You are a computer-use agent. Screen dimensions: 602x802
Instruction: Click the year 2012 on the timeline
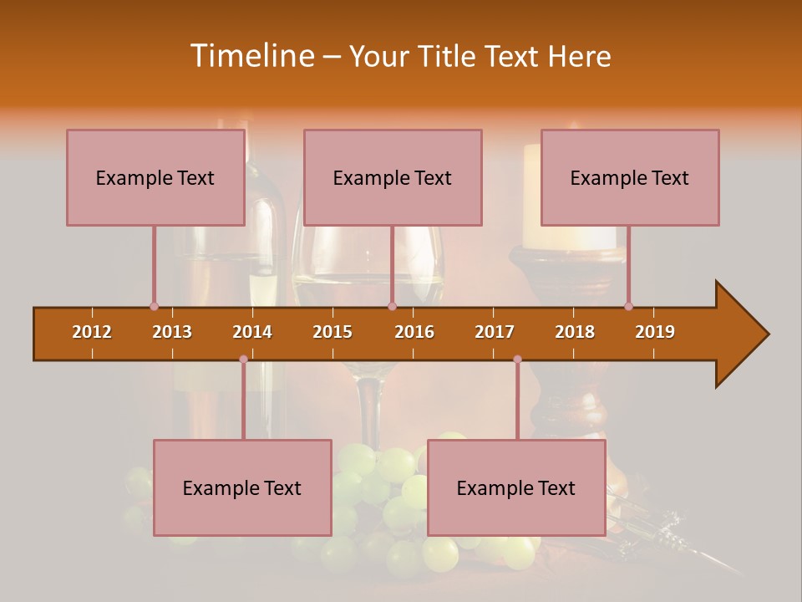point(92,332)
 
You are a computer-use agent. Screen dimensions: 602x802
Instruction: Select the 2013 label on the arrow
point(172,332)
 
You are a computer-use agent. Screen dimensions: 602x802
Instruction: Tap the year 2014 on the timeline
point(252,332)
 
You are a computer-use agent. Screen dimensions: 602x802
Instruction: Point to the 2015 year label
point(332,332)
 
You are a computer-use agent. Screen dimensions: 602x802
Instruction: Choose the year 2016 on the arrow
point(414,332)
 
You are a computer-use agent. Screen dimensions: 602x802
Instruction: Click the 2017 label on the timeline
point(495,332)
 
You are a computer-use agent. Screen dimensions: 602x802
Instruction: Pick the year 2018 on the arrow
point(575,332)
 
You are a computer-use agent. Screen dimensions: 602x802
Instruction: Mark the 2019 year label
point(655,332)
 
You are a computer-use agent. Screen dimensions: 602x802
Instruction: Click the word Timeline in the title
point(250,56)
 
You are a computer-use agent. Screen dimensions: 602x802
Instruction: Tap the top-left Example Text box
point(155,177)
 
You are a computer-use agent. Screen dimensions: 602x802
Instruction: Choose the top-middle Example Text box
point(393,177)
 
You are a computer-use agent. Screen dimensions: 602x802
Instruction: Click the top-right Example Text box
point(630,177)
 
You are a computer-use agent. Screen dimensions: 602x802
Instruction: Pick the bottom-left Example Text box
point(242,487)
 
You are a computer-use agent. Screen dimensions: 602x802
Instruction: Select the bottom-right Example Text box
point(516,487)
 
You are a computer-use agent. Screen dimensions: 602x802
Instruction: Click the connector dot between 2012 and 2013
point(154,306)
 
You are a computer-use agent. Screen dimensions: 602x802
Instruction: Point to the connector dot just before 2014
point(243,359)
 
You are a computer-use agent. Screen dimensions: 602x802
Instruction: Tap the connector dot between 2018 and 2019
point(628,306)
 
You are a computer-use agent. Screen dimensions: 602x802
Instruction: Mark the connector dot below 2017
point(517,359)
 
